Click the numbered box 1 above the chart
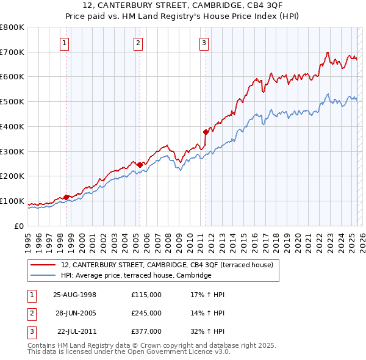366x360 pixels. click(x=64, y=43)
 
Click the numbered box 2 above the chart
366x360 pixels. click(x=138, y=43)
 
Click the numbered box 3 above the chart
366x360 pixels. click(x=204, y=43)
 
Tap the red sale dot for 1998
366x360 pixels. click(x=66, y=196)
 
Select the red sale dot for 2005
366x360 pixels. click(x=140, y=164)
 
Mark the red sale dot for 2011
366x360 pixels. click(x=206, y=131)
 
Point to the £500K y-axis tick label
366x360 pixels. click(x=12, y=101)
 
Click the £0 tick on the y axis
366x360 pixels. click(x=19, y=226)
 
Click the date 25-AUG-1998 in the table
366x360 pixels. click(x=75, y=295)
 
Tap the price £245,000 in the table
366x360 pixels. click(x=146, y=313)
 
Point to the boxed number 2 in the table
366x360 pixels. click(x=30, y=313)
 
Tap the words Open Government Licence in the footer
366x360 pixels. click(x=165, y=352)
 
